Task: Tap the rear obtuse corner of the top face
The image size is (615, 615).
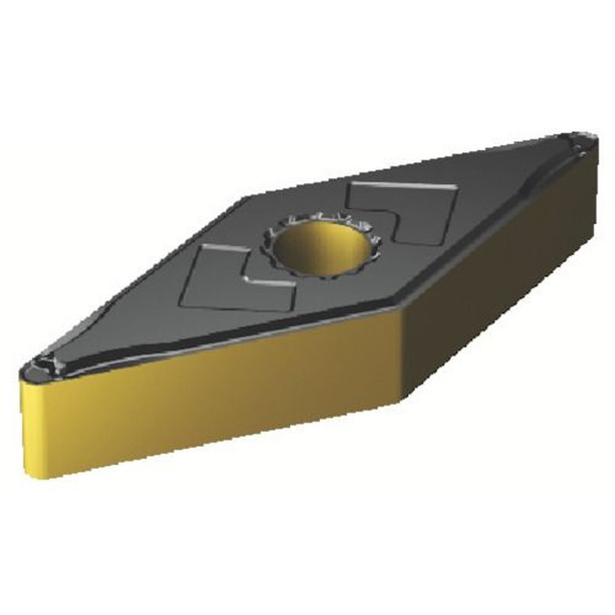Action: tap(249, 196)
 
